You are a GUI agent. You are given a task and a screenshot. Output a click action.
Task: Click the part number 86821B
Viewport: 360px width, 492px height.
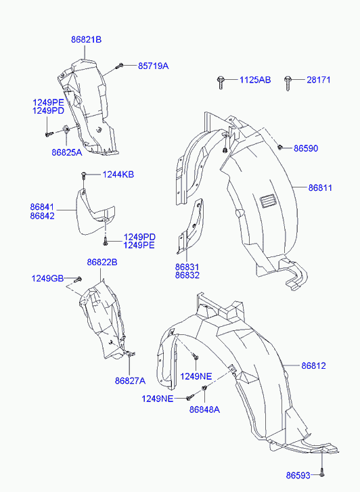(87, 40)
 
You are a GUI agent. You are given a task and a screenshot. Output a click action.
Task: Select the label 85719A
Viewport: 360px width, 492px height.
(153, 66)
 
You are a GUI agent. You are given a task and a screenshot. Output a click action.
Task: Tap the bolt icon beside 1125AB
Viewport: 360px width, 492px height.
(221, 83)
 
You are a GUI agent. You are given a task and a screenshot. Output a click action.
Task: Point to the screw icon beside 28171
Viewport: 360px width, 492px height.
(288, 83)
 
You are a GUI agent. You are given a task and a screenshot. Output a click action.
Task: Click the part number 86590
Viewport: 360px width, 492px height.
(306, 148)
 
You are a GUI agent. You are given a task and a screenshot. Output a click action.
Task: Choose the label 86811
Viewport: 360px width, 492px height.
(320, 187)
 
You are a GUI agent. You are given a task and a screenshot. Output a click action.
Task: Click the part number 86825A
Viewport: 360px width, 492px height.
(67, 152)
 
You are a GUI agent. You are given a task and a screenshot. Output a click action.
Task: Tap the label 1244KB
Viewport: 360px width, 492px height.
(118, 175)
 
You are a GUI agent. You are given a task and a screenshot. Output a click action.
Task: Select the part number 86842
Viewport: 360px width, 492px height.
(43, 216)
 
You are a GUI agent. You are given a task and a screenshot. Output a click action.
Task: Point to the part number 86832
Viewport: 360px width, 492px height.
(187, 275)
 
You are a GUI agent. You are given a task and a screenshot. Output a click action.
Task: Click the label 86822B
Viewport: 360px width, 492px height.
(102, 262)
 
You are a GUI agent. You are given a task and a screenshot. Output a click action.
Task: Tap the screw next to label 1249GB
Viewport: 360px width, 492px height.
(78, 279)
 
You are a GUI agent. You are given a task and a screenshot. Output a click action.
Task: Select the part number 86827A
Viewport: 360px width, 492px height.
(130, 381)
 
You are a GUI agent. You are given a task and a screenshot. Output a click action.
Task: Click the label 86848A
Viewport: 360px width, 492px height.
(204, 409)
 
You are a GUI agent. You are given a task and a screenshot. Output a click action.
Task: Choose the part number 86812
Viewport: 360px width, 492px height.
(313, 365)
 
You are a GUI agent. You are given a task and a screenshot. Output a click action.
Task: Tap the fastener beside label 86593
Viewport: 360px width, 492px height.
(321, 475)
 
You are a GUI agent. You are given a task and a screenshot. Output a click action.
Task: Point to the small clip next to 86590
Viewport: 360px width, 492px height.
(279, 147)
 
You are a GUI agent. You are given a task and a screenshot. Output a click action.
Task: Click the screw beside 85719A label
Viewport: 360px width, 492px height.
(119, 66)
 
